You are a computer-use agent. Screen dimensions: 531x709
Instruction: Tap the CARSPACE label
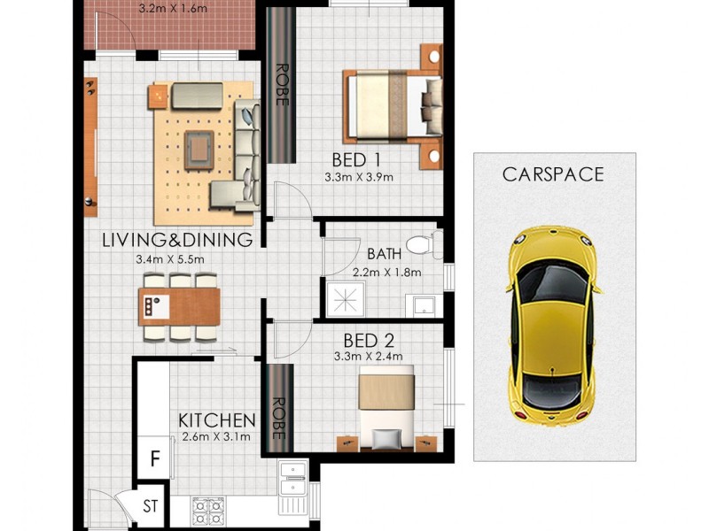point(552,174)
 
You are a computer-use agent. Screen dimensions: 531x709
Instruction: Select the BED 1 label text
point(356,160)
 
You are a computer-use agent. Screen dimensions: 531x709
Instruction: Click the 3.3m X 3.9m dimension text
point(358,177)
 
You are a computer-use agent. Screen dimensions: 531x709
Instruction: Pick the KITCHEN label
point(217,419)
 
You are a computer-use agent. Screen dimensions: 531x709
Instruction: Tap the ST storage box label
point(151,506)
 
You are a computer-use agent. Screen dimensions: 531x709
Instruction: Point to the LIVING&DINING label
point(177,240)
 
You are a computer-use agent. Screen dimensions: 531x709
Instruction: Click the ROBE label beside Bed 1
point(281,85)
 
